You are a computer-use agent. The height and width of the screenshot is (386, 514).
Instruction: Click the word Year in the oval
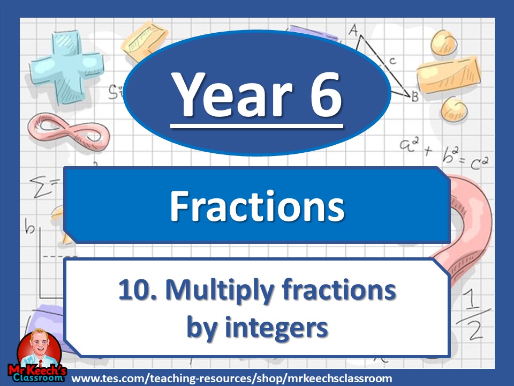(x=225, y=95)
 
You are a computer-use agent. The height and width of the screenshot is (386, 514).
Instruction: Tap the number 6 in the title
(x=320, y=95)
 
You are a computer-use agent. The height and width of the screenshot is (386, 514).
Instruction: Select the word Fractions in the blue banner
(x=257, y=206)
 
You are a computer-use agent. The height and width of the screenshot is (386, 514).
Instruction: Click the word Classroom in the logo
(x=37, y=378)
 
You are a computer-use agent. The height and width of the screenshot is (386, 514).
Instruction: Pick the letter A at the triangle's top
(x=353, y=31)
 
